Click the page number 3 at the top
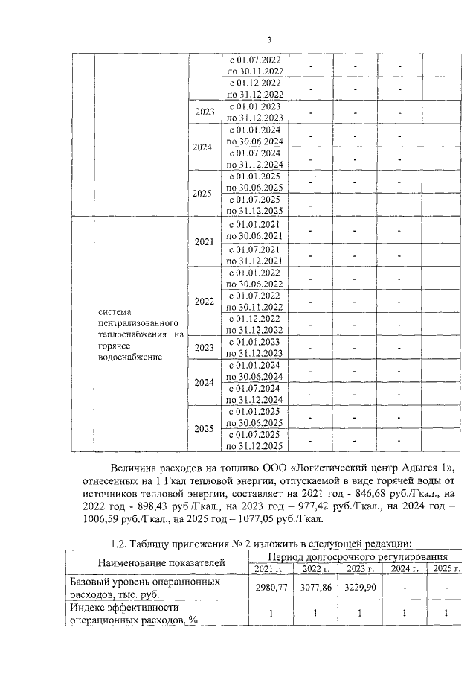tap(270, 40)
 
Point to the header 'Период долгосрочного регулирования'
tap(358, 556)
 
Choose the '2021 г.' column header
tap(268, 569)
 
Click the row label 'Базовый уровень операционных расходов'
tap(155, 588)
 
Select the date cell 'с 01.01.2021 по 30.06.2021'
tap(255, 230)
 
